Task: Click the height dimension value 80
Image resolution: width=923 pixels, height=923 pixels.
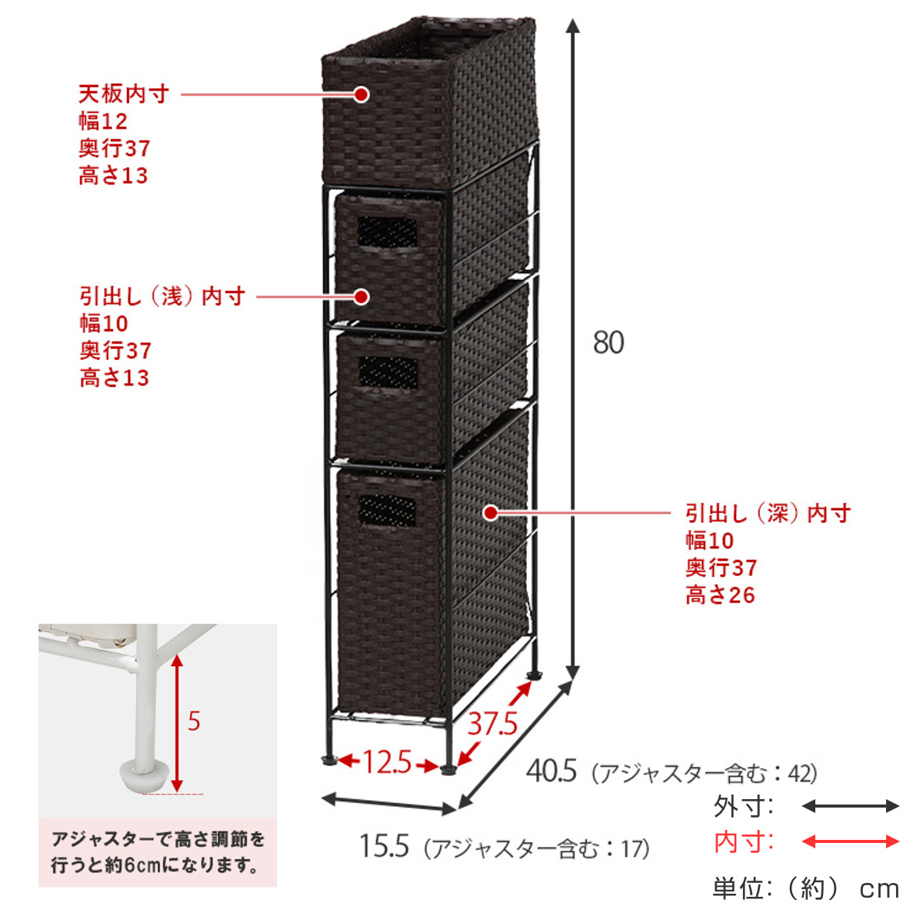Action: (608, 343)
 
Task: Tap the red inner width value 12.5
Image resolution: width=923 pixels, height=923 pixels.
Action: (387, 762)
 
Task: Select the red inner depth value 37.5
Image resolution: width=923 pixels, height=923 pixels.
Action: (492, 724)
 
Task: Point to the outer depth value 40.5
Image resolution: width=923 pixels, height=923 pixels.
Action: (551, 771)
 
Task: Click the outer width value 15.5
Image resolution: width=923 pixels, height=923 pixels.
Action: (384, 846)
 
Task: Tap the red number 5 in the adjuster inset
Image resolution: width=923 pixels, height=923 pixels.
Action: (194, 721)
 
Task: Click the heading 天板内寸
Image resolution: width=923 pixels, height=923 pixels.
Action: (124, 94)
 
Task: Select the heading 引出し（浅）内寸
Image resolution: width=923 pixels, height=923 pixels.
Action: (162, 296)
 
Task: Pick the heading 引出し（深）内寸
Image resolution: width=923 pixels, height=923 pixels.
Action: (768, 514)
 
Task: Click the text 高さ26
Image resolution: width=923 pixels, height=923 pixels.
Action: (720, 595)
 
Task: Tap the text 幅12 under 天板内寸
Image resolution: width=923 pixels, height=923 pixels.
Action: (103, 122)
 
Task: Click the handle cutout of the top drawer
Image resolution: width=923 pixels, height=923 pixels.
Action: (387, 233)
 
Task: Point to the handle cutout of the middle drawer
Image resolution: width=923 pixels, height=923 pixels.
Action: (388, 372)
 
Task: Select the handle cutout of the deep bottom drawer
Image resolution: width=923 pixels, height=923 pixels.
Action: (387, 511)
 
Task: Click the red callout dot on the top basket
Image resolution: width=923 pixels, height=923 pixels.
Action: (362, 95)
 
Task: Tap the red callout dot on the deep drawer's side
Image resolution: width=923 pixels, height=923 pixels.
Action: (491, 513)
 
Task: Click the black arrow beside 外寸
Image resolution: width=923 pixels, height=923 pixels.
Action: (850, 806)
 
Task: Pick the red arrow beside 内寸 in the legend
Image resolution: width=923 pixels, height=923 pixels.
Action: (850, 841)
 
